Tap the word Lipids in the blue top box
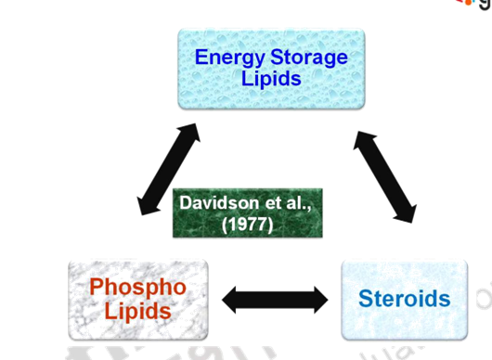pos(271,79)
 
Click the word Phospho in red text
pos(138,286)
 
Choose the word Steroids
pos(405,299)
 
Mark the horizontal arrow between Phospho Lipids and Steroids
pos(276,298)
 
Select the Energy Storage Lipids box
pos(270,69)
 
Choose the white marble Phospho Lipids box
pos(138,298)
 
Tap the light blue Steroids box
pos(405,299)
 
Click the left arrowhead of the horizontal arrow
pos(231,298)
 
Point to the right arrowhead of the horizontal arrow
pos(320,298)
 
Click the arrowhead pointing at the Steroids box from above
pos(404,212)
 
